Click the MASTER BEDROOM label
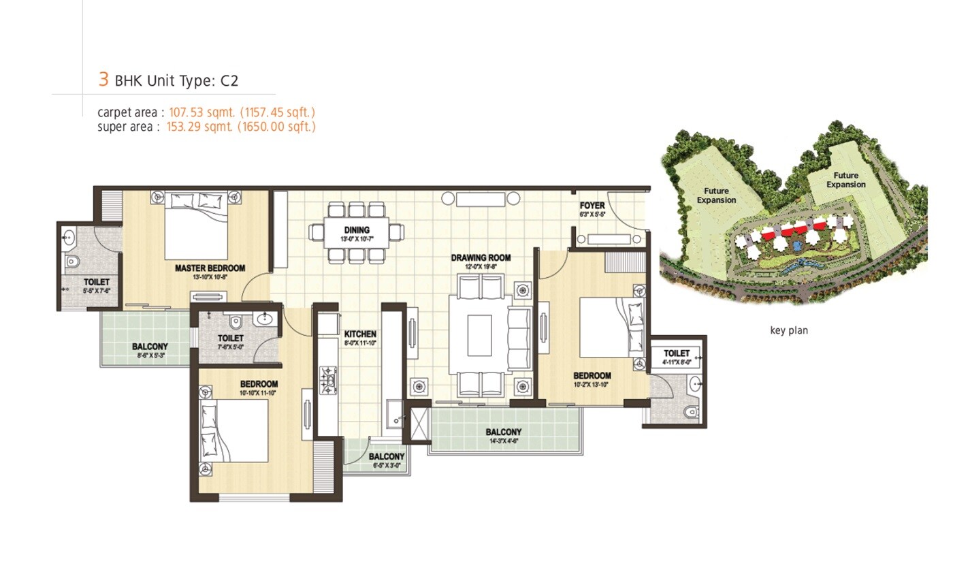[210, 268]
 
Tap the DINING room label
[357, 230]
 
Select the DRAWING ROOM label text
[481, 258]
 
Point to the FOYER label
[592, 206]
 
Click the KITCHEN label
[360, 334]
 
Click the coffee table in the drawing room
[479, 335]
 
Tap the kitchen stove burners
[328, 379]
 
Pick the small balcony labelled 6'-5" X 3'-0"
[387, 456]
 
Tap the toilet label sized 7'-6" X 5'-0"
[231, 338]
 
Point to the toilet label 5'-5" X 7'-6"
[97, 282]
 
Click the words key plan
[789, 331]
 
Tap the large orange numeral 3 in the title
[103, 79]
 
